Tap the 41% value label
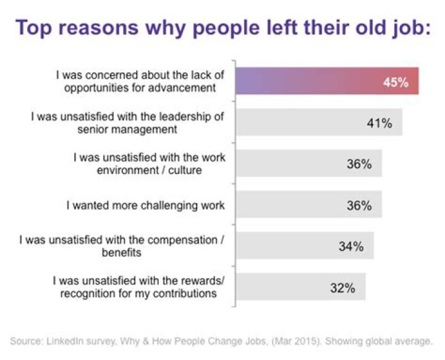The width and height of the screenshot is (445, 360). point(379,123)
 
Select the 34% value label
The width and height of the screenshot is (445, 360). point(351,246)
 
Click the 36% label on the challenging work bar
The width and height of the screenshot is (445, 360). point(358,205)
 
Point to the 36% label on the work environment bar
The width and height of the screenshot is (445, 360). point(358,164)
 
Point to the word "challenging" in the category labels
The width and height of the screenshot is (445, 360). point(164,205)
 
